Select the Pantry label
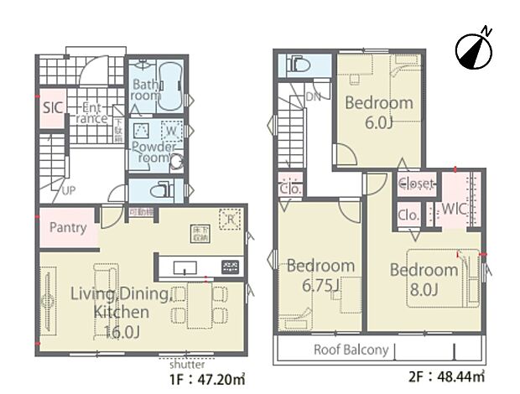pyautogui.click(x=68, y=227)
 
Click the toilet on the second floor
pyautogui.click(x=298, y=64)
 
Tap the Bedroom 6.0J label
pyautogui.click(x=379, y=111)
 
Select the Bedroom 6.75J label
pyautogui.click(x=320, y=274)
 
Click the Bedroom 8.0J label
pyautogui.click(x=424, y=278)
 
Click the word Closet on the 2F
pyautogui.click(x=416, y=184)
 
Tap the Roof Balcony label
pyautogui.click(x=351, y=350)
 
